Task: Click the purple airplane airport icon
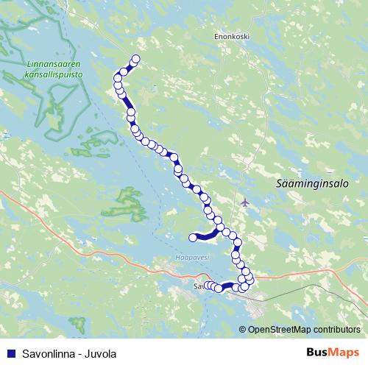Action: (244, 202)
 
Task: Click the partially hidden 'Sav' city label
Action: (197, 285)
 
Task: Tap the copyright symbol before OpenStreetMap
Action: (243, 330)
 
